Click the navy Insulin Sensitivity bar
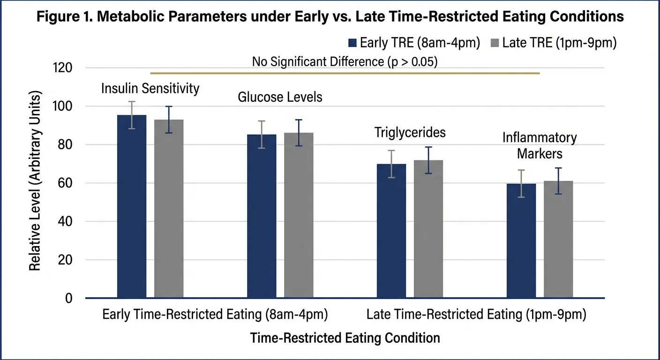click(x=132, y=206)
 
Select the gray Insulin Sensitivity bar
click(x=168, y=209)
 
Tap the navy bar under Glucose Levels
click(x=262, y=216)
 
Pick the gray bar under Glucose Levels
click(x=299, y=216)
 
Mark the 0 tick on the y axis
click(x=69, y=298)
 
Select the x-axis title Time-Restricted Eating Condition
click(x=345, y=337)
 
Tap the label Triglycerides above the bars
click(x=410, y=133)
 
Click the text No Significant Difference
click(x=345, y=62)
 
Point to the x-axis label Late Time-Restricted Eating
click(x=476, y=315)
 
